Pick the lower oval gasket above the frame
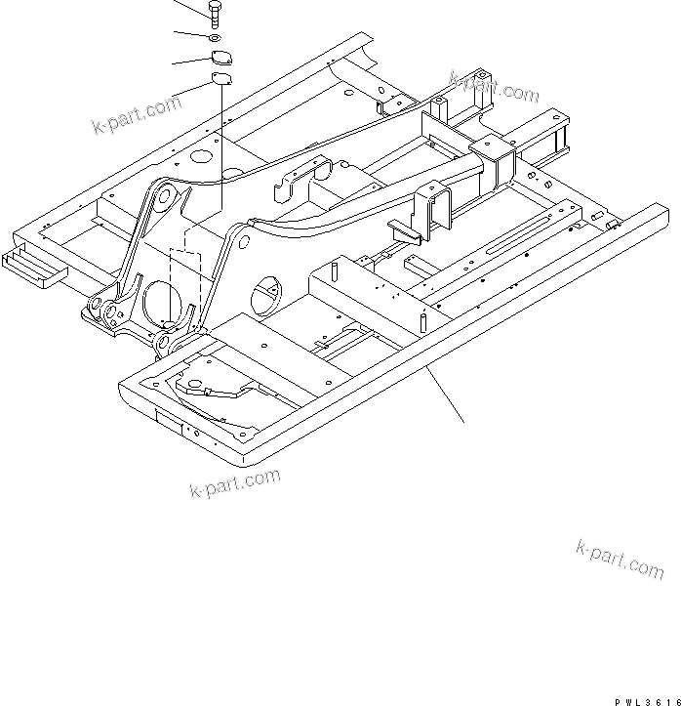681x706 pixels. tap(221, 80)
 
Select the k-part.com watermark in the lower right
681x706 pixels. tap(620, 559)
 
